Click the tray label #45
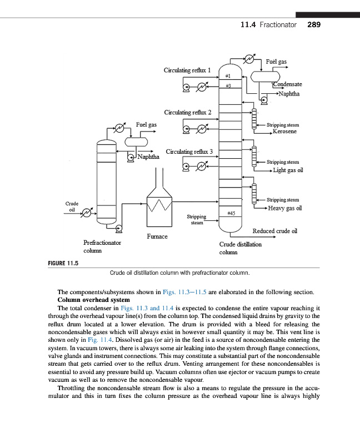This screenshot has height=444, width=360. pos(232,213)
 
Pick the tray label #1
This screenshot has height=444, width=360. pos(228,75)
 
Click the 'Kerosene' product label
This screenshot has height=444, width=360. pos(284,132)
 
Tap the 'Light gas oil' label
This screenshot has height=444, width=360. pos(288,170)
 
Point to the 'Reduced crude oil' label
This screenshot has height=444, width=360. pos(275,231)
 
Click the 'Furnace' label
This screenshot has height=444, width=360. pos(157,236)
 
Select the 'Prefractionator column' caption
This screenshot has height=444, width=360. pos(103,246)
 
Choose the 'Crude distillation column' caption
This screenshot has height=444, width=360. pos(240,248)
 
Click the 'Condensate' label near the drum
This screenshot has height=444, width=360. pos(287,84)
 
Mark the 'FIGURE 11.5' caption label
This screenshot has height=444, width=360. pos(62,263)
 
